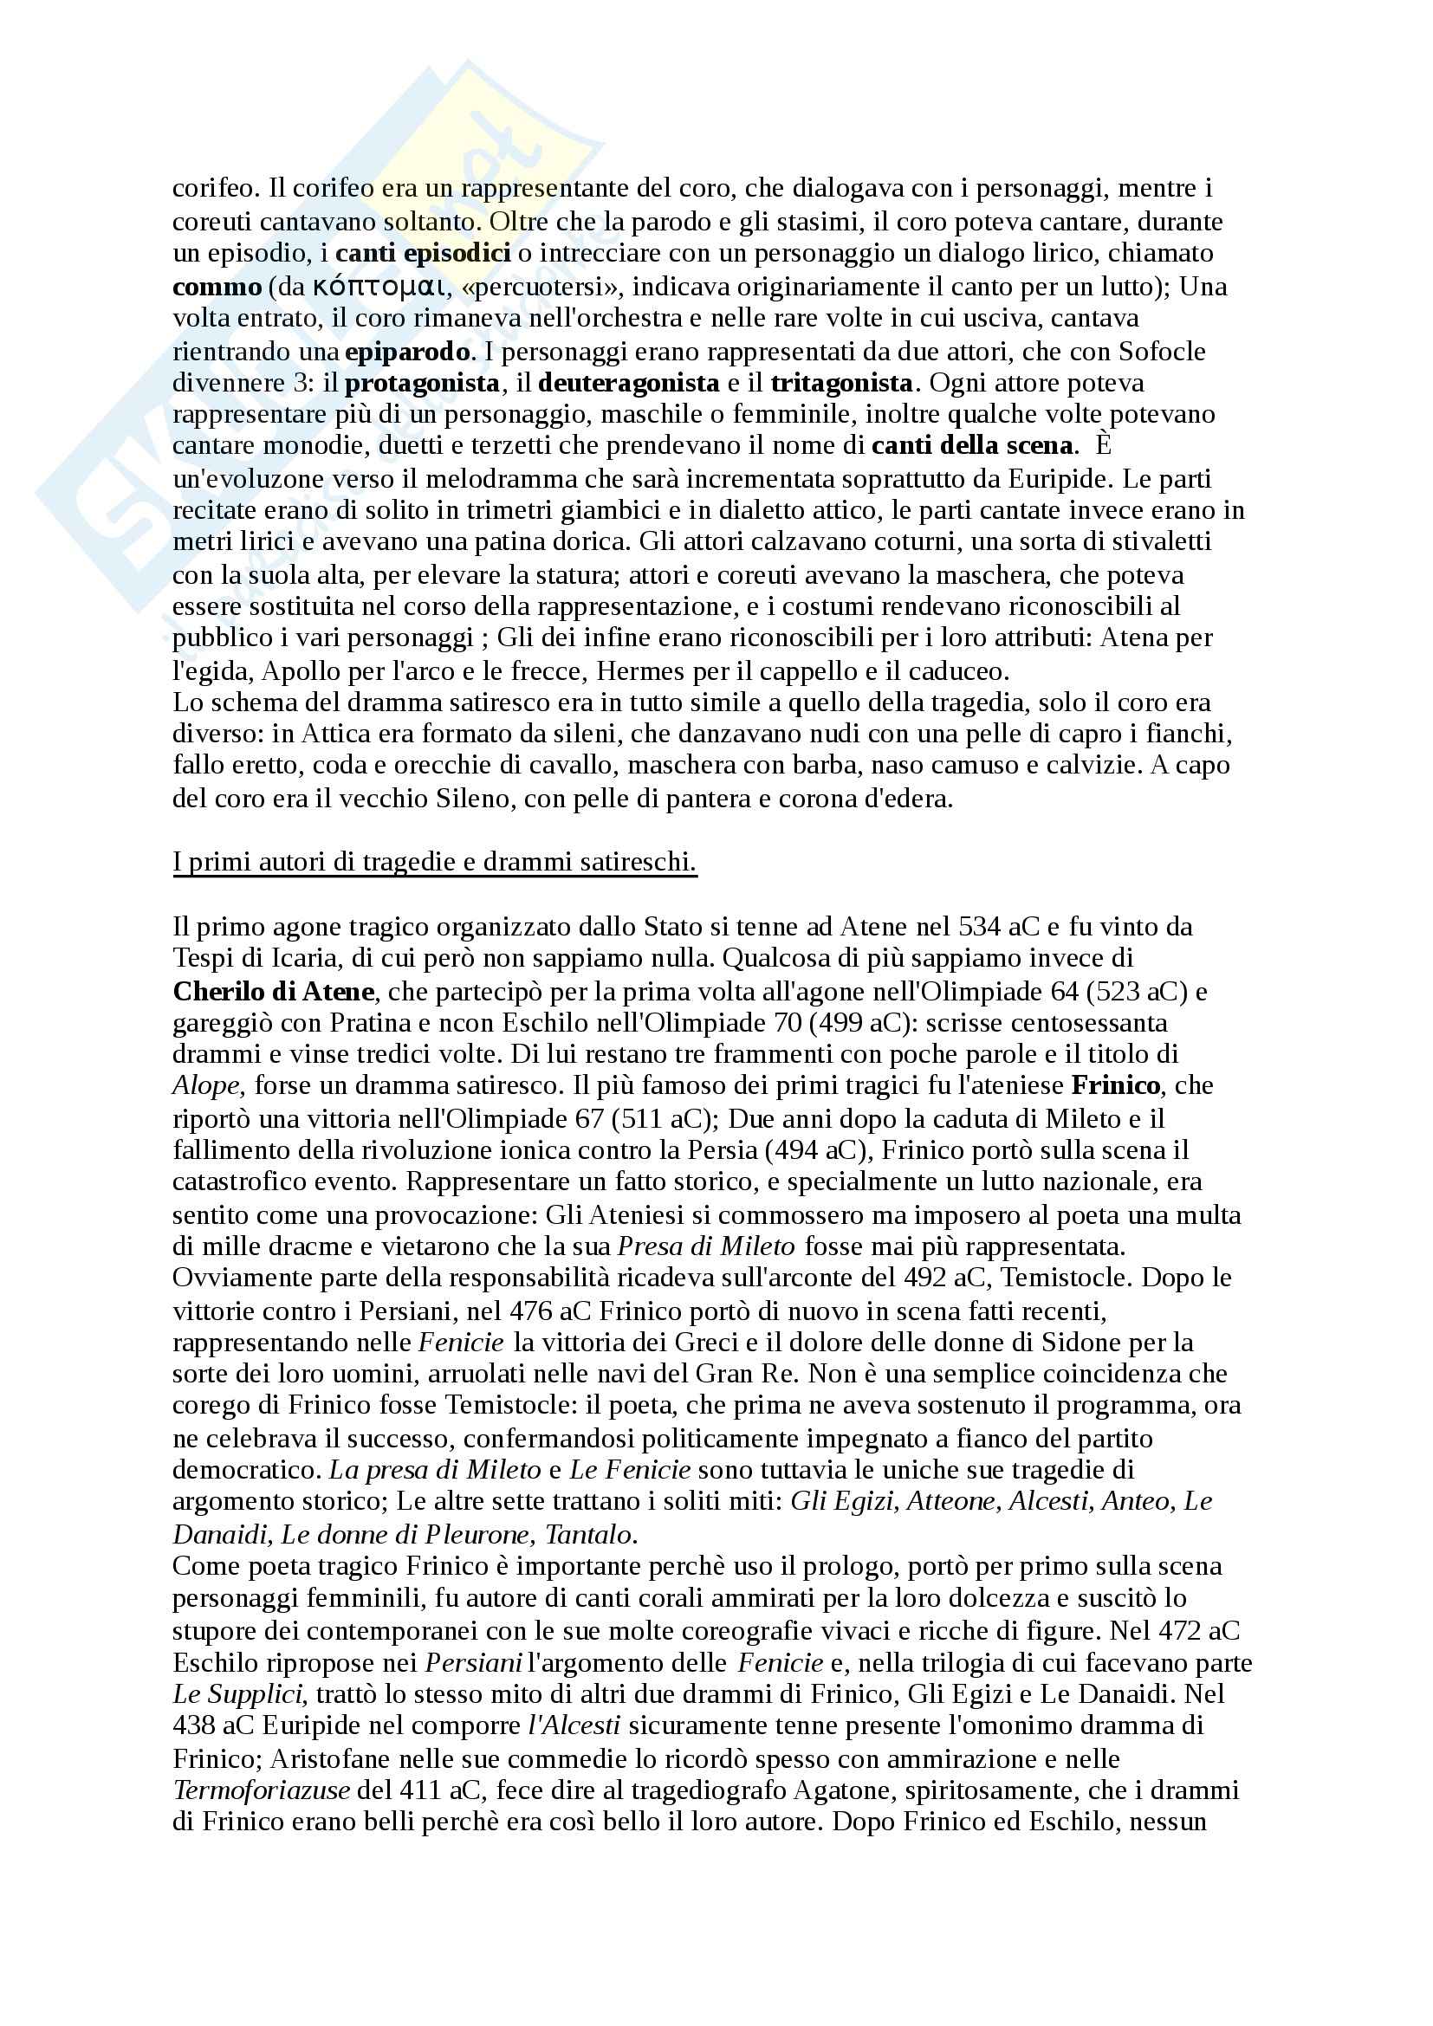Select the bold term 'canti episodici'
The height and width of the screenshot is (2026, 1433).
click(x=423, y=253)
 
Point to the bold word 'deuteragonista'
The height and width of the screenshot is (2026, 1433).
click(x=628, y=383)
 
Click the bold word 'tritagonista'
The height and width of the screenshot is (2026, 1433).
click(x=841, y=383)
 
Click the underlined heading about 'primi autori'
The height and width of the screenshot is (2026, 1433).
click(x=434, y=862)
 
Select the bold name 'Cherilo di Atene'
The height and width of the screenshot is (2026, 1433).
click(x=275, y=992)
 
